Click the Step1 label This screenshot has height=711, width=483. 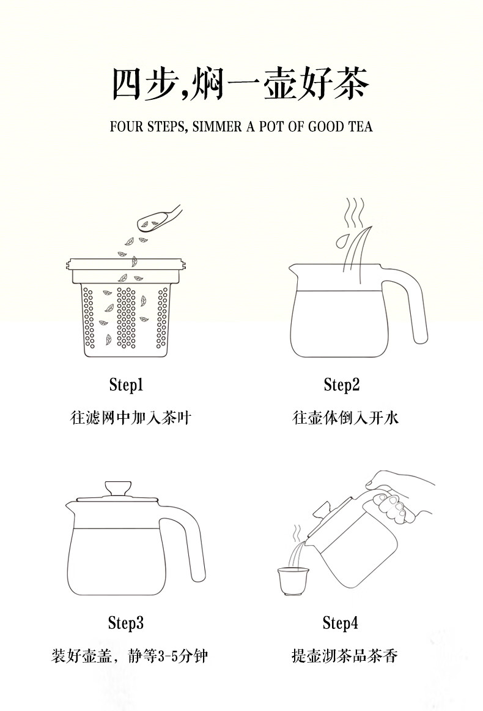tap(126, 385)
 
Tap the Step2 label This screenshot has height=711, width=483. tap(341, 385)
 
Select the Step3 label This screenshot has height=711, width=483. tap(126, 623)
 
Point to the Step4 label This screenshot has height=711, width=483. tap(341, 623)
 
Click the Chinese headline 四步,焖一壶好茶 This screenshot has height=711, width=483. tap(241, 84)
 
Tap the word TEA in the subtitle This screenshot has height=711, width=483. tap(360, 127)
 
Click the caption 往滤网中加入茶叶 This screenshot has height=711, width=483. tap(131, 418)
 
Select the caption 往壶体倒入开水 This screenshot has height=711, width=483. tap(345, 418)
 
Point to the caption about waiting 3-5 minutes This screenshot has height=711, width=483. tap(130, 656)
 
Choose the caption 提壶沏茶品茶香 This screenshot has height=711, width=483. tap(344, 656)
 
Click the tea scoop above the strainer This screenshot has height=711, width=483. tap(158, 217)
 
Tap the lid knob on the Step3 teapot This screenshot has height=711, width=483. tap(118, 489)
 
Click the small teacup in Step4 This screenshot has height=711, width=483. tap(293, 581)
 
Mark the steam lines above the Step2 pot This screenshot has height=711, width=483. tap(355, 213)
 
